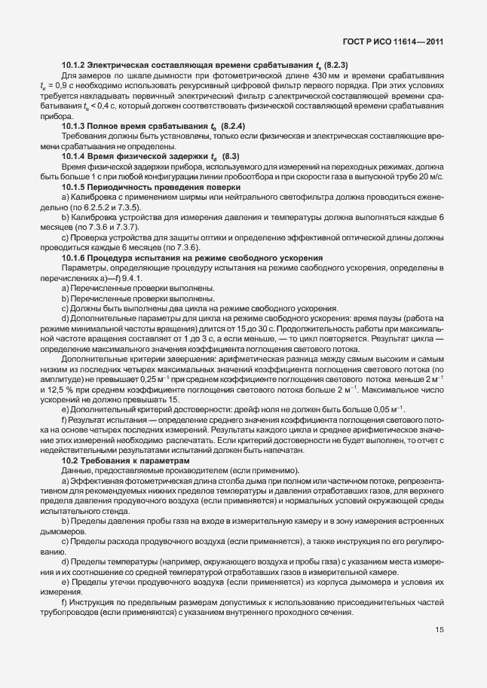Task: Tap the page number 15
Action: tap(438, 629)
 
